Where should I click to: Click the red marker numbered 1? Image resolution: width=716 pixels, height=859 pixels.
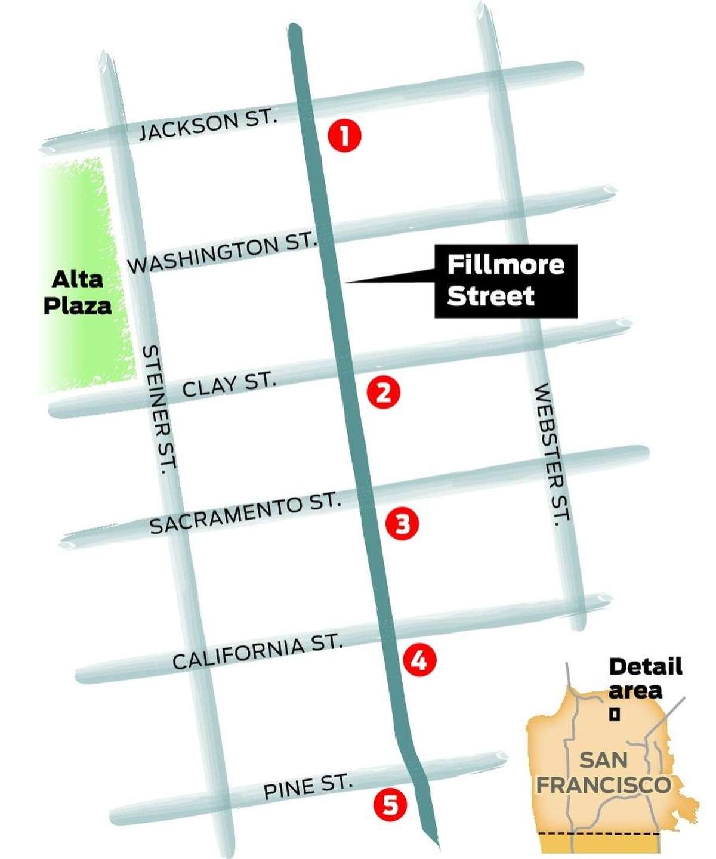[344, 136]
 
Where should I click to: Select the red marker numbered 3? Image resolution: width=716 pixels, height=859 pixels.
[402, 524]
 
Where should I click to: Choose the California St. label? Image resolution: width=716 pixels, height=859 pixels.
[258, 651]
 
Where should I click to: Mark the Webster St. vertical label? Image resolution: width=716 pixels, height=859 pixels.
[551, 453]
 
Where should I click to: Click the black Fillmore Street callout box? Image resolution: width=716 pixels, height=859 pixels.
[505, 281]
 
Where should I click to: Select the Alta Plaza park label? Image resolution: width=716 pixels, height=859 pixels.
[78, 292]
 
